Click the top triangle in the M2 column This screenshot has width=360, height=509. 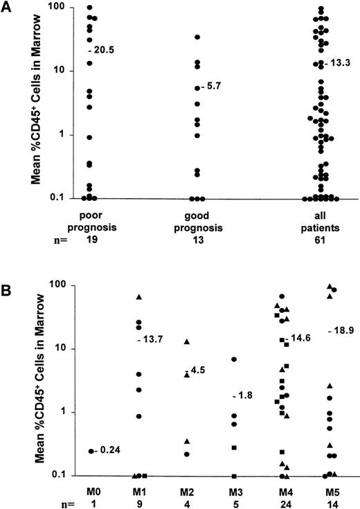[187, 341]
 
